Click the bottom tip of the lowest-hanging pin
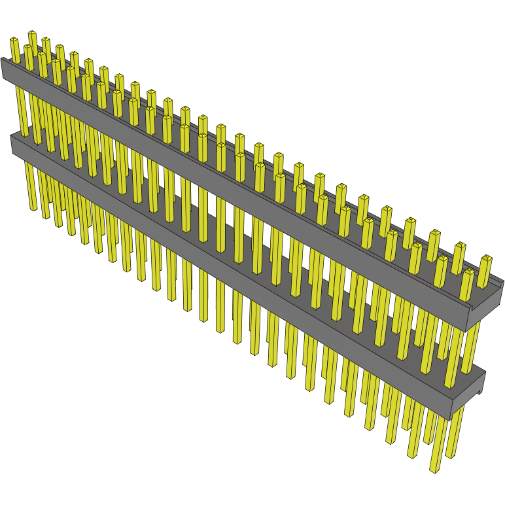[434, 469]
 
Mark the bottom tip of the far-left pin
[33, 209]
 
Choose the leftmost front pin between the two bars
[21, 111]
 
